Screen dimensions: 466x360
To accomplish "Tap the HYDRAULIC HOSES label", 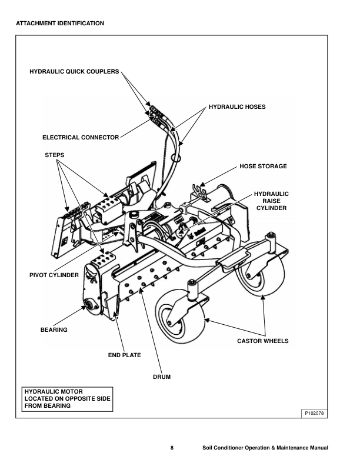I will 237,107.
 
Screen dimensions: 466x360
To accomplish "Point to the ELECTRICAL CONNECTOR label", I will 81,138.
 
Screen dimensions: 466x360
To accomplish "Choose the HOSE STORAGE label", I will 263,167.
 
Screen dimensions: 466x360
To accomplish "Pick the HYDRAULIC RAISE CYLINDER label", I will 271,201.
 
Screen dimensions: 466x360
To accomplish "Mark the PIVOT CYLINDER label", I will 54,275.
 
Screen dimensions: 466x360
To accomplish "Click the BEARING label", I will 54,329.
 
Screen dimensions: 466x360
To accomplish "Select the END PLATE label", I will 124,355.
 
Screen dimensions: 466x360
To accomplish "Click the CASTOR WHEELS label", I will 262,341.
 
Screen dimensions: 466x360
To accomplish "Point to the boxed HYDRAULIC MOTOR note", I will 66,398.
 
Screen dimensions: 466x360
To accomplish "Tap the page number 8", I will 172,448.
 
